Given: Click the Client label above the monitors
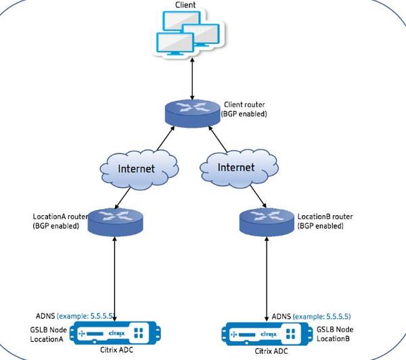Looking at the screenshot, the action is (185, 5).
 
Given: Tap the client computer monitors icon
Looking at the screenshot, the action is (188, 33).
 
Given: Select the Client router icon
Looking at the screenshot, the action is (192, 114).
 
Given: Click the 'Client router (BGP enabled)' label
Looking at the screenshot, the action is (244, 109).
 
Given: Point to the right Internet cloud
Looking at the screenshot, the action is (239, 168).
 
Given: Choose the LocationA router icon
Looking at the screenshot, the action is (115, 222).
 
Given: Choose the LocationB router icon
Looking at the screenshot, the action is (267, 222).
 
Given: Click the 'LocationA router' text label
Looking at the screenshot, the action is (60, 217).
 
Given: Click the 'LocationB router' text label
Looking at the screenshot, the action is (325, 217).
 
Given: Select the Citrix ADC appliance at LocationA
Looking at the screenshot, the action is (116, 333).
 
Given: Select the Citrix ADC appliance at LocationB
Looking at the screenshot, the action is (267, 334).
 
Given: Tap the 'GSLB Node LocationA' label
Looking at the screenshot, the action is (49, 334).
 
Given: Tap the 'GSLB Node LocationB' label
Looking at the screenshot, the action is (335, 334).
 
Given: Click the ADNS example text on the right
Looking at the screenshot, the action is (311, 316).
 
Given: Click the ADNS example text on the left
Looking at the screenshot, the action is (75, 316).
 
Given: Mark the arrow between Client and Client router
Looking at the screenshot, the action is (192, 78).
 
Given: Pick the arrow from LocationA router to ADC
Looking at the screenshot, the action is (114, 278).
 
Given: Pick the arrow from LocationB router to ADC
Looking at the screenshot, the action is (267, 279).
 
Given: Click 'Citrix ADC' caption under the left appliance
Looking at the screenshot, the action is (116, 350).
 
